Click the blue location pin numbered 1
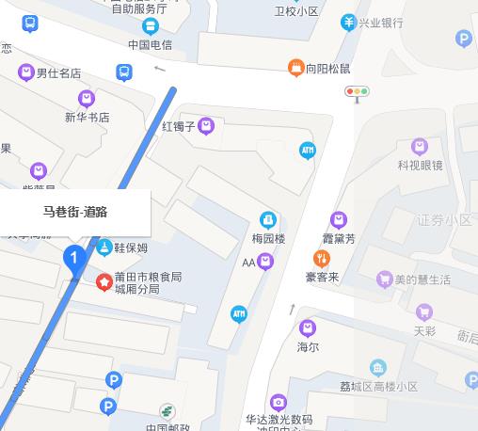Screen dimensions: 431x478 pyautogui.click(x=74, y=256)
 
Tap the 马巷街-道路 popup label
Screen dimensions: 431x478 pyautogui.click(x=75, y=212)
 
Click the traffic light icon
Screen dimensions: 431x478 pyautogui.click(x=358, y=92)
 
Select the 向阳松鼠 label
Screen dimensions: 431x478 pyautogui.click(x=327, y=68)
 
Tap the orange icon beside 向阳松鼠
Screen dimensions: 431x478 pyautogui.click(x=295, y=67)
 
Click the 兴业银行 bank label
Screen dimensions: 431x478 pyautogui.click(x=380, y=23)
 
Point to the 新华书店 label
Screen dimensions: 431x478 pyautogui.click(x=87, y=118)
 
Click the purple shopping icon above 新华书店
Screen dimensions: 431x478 pyautogui.click(x=87, y=97)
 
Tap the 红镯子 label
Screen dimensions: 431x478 pyautogui.click(x=178, y=126)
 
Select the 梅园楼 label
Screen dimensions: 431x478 pyautogui.click(x=268, y=239)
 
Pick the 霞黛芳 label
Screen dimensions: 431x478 pyautogui.click(x=339, y=239)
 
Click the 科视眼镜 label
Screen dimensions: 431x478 pyautogui.click(x=419, y=166)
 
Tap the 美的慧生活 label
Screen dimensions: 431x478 pyautogui.click(x=422, y=279)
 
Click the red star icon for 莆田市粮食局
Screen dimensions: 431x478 pyautogui.click(x=104, y=282)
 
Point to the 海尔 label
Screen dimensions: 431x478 pyautogui.click(x=308, y=347)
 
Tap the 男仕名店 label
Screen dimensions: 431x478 pyautogui.click(x=57, y=72)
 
